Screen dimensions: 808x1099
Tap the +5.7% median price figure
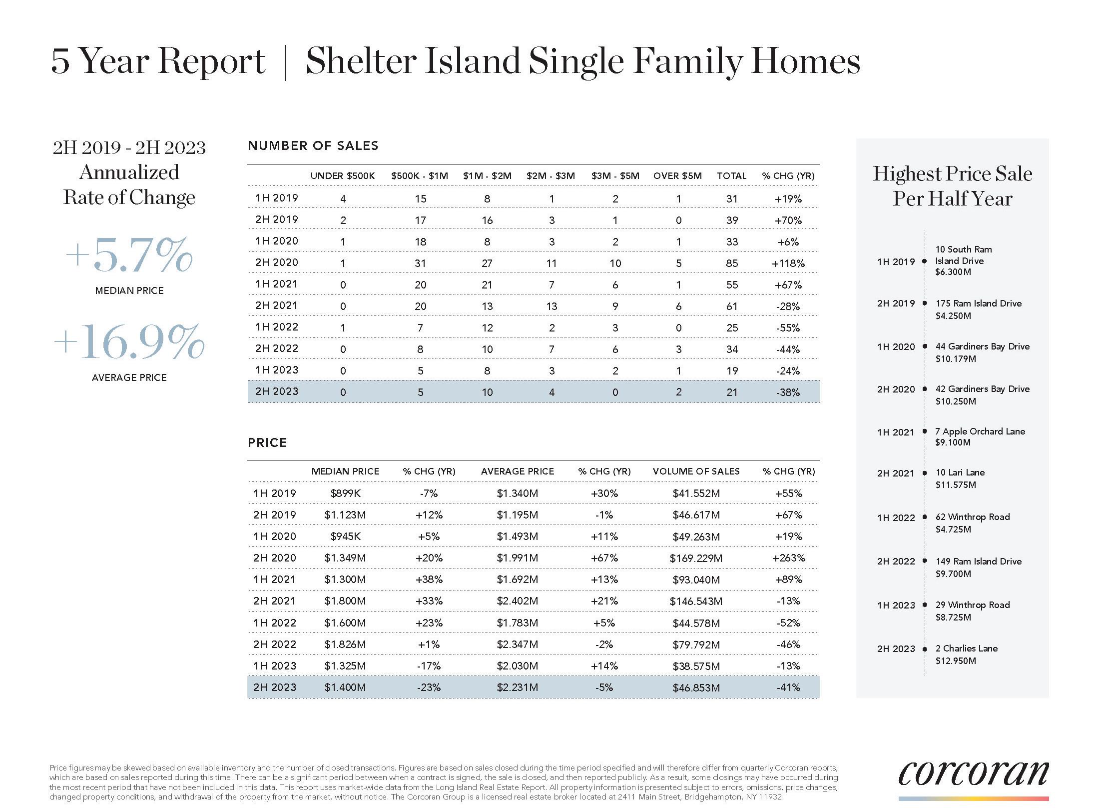tap(129, 255)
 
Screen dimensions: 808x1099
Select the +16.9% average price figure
tap(129, 342)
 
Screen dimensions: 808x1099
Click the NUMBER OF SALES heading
tap(313, 146)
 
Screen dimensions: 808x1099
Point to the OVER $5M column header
tap(677, 176)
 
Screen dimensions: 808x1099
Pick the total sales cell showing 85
tap(732, 263)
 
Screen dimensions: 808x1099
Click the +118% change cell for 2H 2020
tap(788, 263)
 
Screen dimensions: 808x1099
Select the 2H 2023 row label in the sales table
tap(276, 391)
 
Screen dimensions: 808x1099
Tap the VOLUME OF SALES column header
tap(696, 471)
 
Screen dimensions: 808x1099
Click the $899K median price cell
tap(345, 493)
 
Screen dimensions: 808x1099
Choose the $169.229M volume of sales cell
tap(696, 558)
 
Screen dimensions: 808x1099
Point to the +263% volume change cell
tap(788, 558)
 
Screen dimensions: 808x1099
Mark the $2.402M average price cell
tap(517, 601)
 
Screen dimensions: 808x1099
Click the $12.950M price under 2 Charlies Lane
tap(956, 661)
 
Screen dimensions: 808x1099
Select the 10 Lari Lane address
tap(960, 472)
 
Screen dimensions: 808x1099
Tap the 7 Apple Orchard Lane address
tap(980, 431)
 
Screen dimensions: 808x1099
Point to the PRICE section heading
tap(267, 443)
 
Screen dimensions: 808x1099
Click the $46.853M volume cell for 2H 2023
tap(696, 687)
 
